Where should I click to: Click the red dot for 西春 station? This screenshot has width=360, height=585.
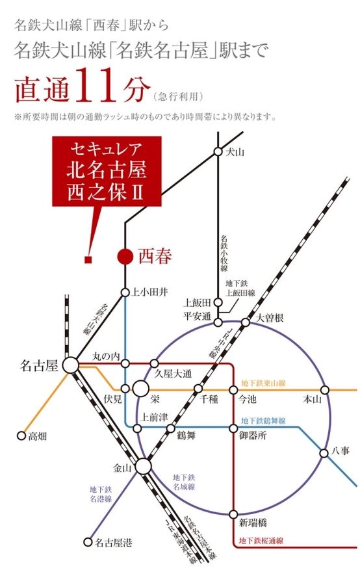click(125, 257)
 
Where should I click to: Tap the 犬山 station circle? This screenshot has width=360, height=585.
click(218, 151)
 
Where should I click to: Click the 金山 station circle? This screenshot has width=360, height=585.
click(143, 465)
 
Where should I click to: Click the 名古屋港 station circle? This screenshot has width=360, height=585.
click(88, 541)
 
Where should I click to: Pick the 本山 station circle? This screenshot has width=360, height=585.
click(324, 390)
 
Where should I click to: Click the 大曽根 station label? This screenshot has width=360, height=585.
click(270, 318)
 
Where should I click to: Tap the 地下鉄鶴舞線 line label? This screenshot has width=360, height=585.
click(263, 421)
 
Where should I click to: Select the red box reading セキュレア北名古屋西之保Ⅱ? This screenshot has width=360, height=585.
click(107, 172)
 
